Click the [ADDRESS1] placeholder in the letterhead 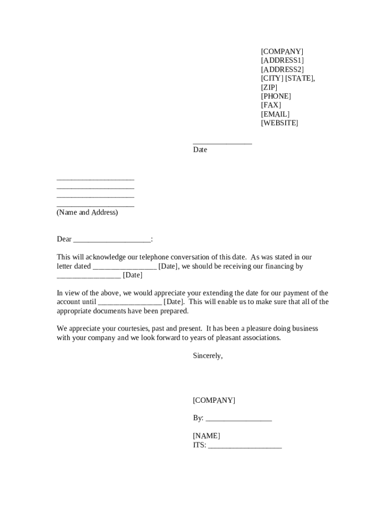point(282,61)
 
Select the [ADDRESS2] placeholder point(282,70)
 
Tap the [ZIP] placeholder point(269,88)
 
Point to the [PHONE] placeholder point(276,96)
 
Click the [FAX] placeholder point(271,105)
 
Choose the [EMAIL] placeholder point(275,114)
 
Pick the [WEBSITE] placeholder point(279,123)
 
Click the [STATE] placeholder point(299,79)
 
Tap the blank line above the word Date point(222,143)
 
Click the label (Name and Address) point(87,212)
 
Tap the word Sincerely point(208,356)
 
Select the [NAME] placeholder point(207,436)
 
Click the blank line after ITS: point(245,446)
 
